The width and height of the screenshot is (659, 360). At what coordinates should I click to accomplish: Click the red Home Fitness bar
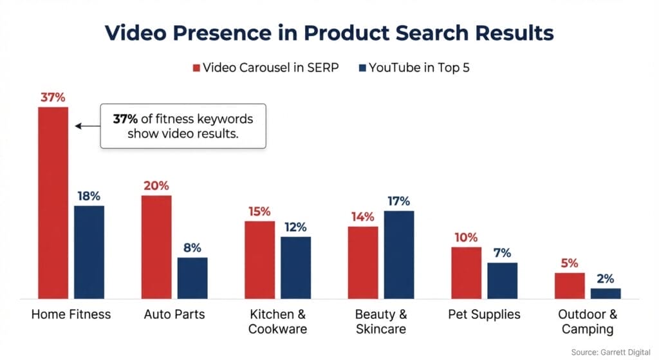point(53,203)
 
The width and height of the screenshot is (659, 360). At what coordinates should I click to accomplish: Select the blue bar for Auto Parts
point(192,278)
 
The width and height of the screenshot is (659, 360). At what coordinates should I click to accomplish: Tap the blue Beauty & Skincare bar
point(398,254)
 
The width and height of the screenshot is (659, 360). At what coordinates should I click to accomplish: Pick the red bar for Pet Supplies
point(466,272)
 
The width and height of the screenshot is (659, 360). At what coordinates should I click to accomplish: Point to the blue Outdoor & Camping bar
point(606,293)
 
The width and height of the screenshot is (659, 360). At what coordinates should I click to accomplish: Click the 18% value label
point(89,196)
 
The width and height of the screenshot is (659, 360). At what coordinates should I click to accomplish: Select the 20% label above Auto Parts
point(156,186)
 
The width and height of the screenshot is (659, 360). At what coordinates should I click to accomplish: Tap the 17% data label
point(398,202)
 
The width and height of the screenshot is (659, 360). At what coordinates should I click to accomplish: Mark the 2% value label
point(606,279)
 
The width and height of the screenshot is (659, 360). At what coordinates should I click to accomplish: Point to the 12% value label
point(295,227)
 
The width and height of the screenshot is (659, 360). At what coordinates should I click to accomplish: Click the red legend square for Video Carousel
point(196,68)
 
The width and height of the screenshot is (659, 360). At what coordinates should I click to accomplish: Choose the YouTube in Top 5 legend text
point(419,68)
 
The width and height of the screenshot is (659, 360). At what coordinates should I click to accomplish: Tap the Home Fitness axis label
point(71,315)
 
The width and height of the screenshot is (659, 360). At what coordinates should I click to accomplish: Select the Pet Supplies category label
point(484,315)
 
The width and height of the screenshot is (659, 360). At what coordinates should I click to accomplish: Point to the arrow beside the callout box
point(86,126)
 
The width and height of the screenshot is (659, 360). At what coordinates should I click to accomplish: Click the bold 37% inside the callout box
point(125,119)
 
